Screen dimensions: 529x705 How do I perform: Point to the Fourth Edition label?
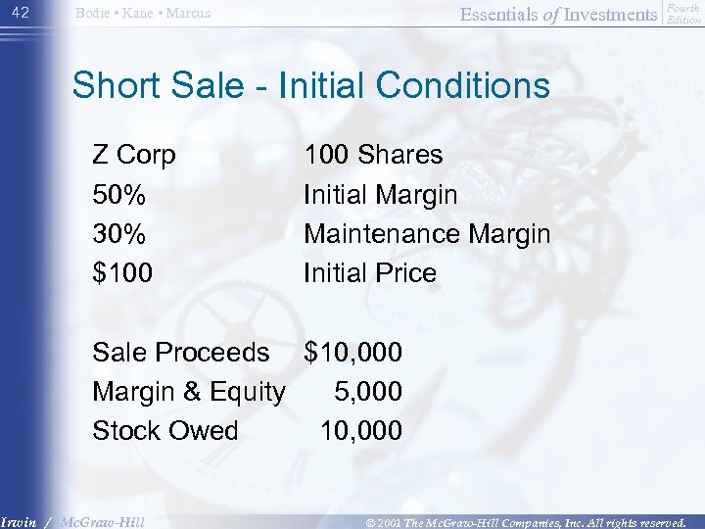(x=683, y=13)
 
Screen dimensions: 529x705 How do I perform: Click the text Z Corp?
(x=134, y=155)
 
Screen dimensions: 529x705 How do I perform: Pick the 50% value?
(x=119, y=195)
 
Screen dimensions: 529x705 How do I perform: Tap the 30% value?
(x=119, y=234)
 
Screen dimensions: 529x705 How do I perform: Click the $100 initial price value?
(x=122, y=273)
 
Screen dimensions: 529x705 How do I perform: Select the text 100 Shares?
(x=373, y=155)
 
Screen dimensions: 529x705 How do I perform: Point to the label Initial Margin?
(x=380, y=195)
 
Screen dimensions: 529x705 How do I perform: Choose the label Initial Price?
(x=370, y=273)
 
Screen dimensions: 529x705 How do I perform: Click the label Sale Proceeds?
(x=180, y=352)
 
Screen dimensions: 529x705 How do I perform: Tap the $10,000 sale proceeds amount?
(x=353, y=352)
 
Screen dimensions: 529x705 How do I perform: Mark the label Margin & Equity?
(x=189, y=392)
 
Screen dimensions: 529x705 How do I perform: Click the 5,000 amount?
(x=368, y=392)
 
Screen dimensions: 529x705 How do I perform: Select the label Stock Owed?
(x=164, y=431)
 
